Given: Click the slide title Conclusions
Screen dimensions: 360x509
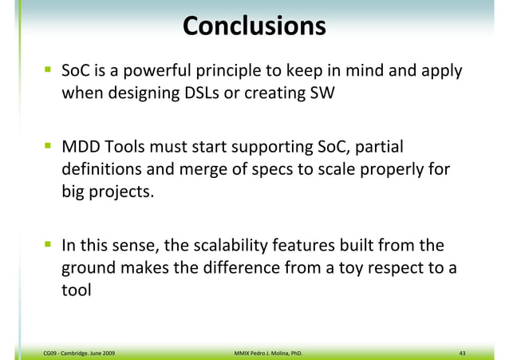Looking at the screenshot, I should coord(254,26).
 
